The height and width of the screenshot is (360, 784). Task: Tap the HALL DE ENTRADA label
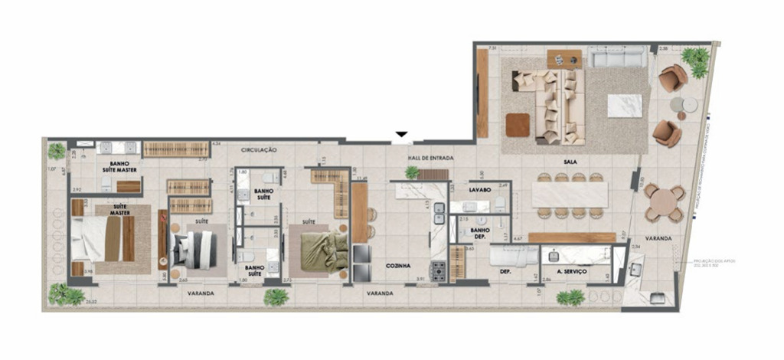pyautogui.click(x=430, y=159)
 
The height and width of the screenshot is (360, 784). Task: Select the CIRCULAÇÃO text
pyautogui.click(x=258, y=150)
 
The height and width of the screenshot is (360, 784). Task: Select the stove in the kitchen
pyautogui.click(x=438, y=270)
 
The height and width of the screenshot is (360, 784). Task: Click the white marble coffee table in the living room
pyautogui.click(x=625, y=106)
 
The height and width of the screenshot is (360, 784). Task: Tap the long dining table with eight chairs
pyautogui.click(x=570, y=195)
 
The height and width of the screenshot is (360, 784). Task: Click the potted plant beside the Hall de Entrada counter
pyautogui.click(x=413, y=173)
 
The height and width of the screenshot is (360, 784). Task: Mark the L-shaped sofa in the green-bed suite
pyautogui.click(x=334, y=191)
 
